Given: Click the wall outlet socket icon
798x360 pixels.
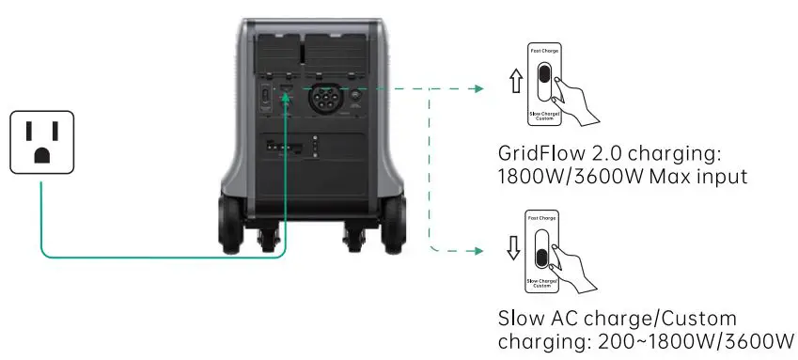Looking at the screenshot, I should pyautogui.click(x=41, y=141).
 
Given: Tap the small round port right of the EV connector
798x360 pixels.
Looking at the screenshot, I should pyautogui.click(x=356, y=94).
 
